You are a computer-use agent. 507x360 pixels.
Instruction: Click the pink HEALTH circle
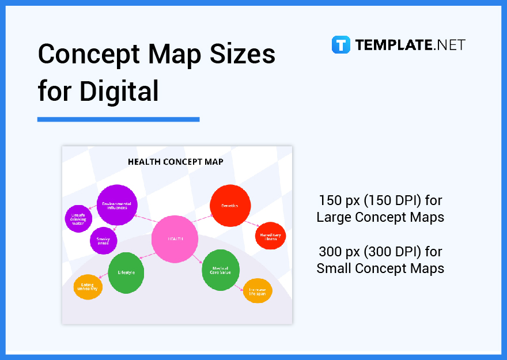point(175,238)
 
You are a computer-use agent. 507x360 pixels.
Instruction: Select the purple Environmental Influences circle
point(117,204)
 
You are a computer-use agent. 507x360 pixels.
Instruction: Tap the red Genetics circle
point(229,205)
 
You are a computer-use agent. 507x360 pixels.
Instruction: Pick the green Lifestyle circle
point(126,272)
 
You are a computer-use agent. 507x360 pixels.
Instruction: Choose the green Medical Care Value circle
point(221,270)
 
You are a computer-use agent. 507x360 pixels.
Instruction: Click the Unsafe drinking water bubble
point(78,219)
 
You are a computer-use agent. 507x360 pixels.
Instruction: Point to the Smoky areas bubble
point(104,241)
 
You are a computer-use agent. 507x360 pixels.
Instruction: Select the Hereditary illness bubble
point(270,236)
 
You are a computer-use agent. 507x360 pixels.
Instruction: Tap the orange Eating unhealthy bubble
point(88,287)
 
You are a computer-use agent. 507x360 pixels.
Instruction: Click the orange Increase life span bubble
point(258,291)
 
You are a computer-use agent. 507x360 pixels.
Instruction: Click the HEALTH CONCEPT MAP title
point(176,162)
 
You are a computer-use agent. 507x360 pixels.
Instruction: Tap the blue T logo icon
point(340,45)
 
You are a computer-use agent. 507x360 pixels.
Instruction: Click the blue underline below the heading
point(118,119)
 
